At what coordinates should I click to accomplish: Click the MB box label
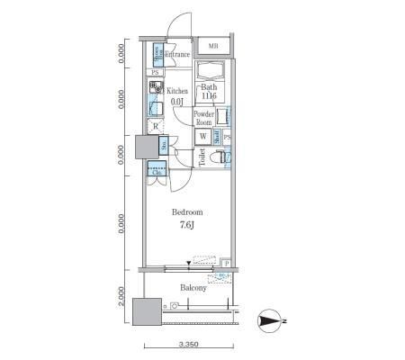pos(213,47)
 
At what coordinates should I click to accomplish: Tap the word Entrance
pos(177,55)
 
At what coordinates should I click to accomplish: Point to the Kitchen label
pos(175,91)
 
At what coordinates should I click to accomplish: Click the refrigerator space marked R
pos(156,126)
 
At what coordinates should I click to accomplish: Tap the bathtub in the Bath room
pos(212,72)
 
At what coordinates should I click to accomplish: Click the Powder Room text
pos(203,119)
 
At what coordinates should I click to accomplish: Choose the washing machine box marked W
pos(203,137)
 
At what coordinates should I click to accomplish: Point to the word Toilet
pos(202,158)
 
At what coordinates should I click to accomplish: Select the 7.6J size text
pos(186,225)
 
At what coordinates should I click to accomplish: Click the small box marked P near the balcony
pos(226,264)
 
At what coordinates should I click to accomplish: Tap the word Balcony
pos(193,288)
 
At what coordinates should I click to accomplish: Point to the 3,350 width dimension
pos(188,344)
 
